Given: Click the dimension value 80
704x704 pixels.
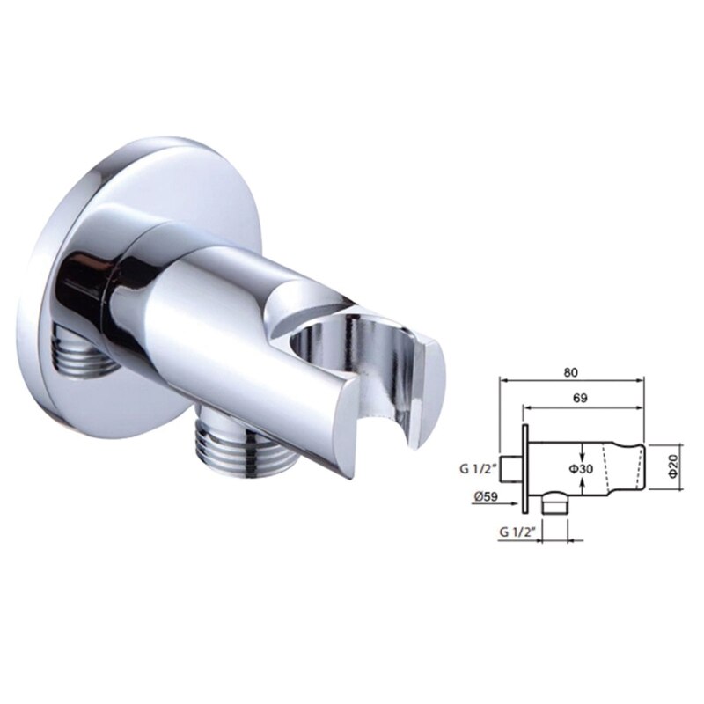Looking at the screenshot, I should click(x=573, y=370).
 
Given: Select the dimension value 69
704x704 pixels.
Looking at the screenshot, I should click(x=582, y=398).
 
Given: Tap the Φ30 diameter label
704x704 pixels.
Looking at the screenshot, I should click(x=581, y=470).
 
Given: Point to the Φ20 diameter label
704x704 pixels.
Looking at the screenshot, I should click(x=671, y=466).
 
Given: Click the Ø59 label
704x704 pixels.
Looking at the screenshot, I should click(x=486, y=496).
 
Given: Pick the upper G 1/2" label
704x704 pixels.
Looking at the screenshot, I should click(x=477, y=469).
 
